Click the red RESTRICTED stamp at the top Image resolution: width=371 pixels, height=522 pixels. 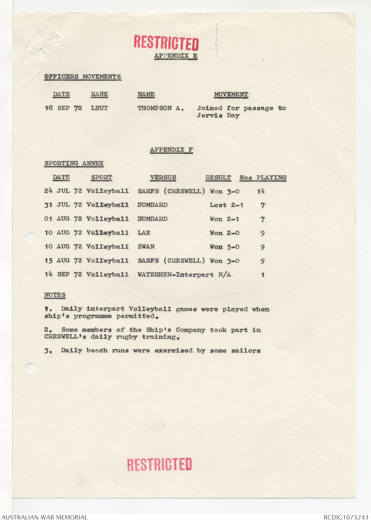tap(166, 43)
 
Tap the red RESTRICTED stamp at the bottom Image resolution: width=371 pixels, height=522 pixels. tap(159, 464)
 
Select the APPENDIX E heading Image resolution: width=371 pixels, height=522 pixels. tap(176, 56)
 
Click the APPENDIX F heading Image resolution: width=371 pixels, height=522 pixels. tap(171, 150)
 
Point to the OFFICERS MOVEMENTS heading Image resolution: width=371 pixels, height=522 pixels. tap(83, 76)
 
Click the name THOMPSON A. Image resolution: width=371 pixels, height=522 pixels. tap(160, 108)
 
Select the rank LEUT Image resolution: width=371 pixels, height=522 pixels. tap(99, 108)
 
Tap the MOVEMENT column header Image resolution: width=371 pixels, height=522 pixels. tap(231, 94)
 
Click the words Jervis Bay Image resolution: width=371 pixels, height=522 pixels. tap(218, 115)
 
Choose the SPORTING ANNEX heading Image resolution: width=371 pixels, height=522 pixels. tap(74, 163)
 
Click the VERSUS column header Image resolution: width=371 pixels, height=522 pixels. tap(163, 178)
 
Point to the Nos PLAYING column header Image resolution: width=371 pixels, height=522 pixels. tap(263, 178)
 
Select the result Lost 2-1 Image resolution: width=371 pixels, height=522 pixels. tap(226, 205)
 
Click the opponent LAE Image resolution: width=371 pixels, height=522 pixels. tap(144, 233)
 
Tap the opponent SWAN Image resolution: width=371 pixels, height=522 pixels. tap(146, 247)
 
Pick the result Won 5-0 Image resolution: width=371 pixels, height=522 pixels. tap(224, 247)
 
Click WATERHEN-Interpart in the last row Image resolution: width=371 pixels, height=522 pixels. tap(175, 275)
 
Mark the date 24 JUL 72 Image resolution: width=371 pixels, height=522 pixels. tap(63, 191)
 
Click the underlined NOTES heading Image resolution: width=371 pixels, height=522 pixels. tap(55, 295)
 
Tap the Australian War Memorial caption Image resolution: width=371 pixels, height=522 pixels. tap(44, 517)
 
